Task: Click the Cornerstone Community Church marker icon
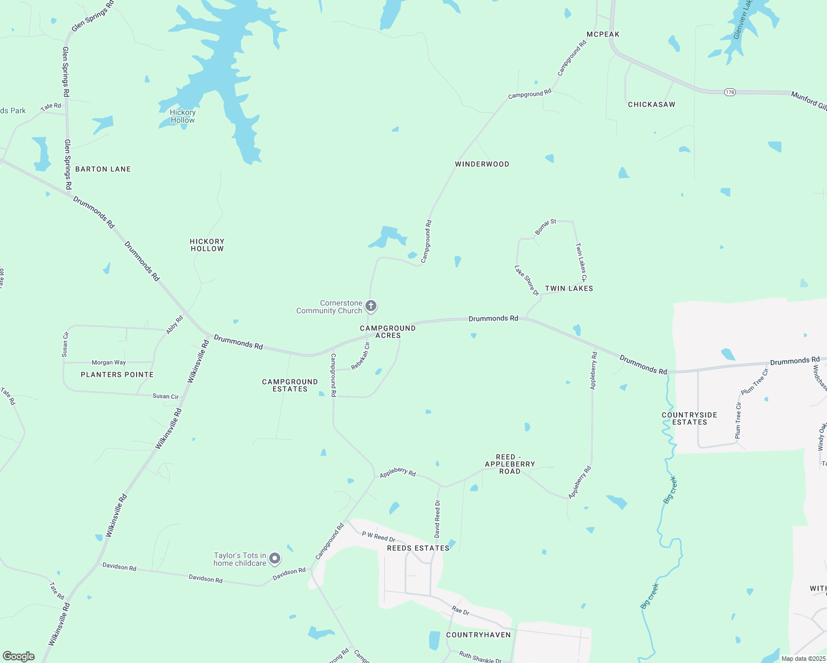371,306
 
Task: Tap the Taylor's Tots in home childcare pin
275,559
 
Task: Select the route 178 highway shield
730,92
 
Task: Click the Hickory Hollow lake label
182,116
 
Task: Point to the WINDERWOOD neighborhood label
482,164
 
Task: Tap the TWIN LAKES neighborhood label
569,288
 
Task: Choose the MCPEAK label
603,34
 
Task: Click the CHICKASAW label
651,104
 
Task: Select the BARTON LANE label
103,169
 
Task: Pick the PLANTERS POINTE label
117,375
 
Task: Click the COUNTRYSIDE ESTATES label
689,418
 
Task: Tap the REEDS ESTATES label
418,548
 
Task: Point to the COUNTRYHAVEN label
478,635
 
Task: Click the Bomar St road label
546,227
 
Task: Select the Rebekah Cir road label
360,356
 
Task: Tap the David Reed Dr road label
437,519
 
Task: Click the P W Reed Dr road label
379,536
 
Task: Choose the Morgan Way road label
109,362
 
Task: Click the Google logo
19,656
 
